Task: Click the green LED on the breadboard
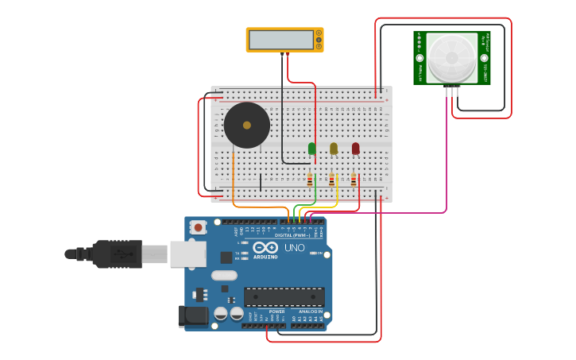pos(312,148)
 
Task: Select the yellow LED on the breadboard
pos(334,148)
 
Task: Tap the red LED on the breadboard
pos(355,148)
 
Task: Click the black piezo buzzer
pos(246,125)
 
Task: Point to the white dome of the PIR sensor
pos(451,57)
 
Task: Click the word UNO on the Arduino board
pos(294,248)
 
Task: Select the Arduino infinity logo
pos(265,248)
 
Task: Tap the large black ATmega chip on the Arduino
pos(284,296)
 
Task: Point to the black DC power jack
pos(192,316)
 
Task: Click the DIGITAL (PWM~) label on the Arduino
pos(293,235)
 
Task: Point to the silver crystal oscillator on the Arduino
pos(224,275)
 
